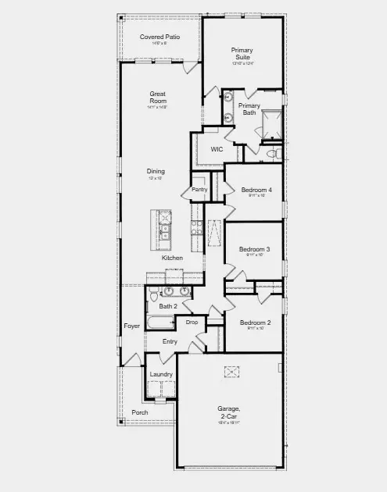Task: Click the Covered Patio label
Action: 159,37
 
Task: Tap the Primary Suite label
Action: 242,54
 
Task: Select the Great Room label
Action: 158,97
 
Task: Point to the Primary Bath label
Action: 249,109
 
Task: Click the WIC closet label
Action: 217,148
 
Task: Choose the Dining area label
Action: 156,171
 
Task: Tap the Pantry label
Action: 199,189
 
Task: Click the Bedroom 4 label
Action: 256,190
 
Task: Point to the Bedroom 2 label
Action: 255,323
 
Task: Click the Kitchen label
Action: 172,258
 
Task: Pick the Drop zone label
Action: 192,322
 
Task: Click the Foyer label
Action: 131,326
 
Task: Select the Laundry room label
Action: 162,374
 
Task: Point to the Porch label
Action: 140,412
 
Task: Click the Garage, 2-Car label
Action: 228,412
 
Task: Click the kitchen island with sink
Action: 163,225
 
